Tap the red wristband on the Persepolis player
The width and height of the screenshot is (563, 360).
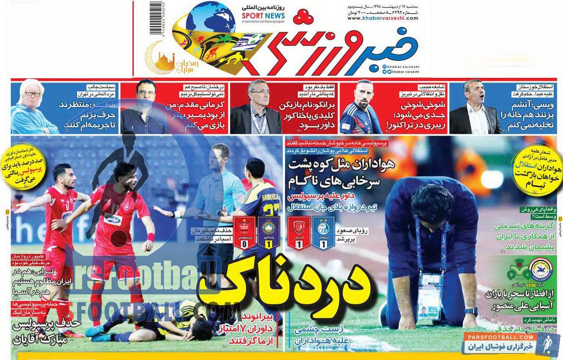[x=151, y=237]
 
